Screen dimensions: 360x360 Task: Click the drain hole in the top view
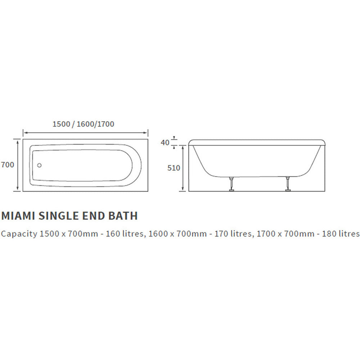tap(39, 165)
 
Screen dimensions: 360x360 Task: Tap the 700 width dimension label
tap(8, 165)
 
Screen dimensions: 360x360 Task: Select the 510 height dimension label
tap(174, 168)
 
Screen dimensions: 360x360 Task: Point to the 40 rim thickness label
tap(165, 143)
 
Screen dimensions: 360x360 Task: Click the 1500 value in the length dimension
tap(61, 124)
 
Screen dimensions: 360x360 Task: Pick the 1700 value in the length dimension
tap(106, 124)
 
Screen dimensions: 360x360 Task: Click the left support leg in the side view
tap(231, 184)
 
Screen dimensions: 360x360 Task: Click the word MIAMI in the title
tap(18, 216)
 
